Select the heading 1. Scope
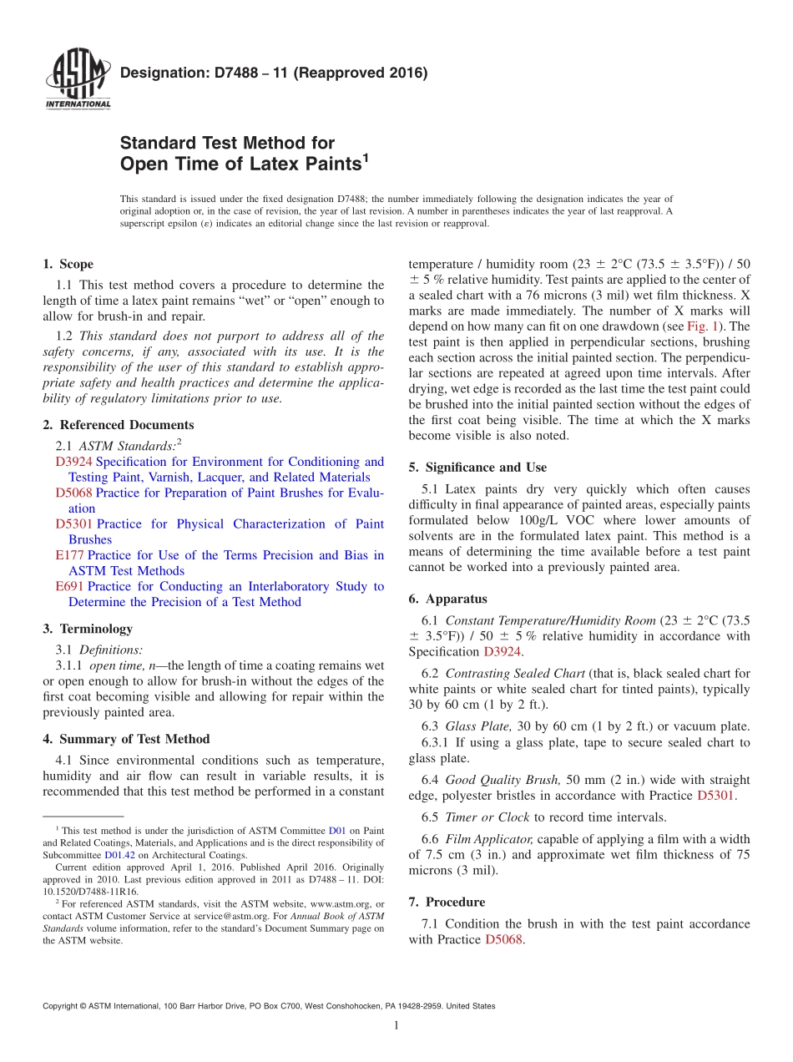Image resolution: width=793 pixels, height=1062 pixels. click(x=68, y=264)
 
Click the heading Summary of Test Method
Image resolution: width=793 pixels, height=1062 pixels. click(x=126, y=739)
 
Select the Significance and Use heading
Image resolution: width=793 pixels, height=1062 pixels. click(x=477, y=468)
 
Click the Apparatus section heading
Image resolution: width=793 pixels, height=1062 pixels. click(x=447, y=599)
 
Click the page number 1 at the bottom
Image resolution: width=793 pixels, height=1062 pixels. click(x=396, y=1025)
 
